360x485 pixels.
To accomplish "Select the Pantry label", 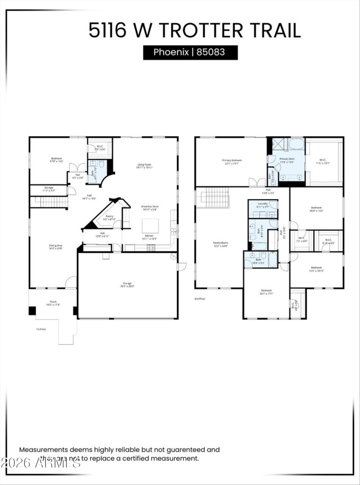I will pyautogui.click(x=109, y=216).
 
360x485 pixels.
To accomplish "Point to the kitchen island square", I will pyautogui.click(x=150, y=226).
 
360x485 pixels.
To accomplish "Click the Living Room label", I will pyautogui.click(x=144, y=165).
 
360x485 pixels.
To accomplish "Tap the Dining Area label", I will pyautogui.click(x=56, y=245).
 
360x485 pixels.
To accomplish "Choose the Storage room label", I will pyautogui.click(x=48, y=187).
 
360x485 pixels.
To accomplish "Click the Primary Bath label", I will pyautogui.click(x=287, y=159).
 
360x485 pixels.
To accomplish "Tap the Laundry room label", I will pyautogui.click(x=263, y=204).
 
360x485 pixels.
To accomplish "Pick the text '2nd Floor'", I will pyautogui.click(x=200, y=298).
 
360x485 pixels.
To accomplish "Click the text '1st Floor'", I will pyautogui.click(x=42, y=329).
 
